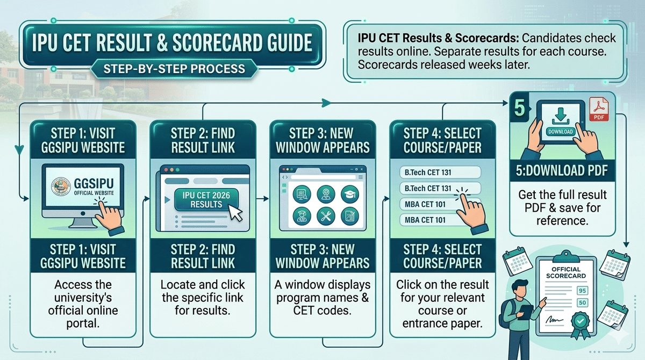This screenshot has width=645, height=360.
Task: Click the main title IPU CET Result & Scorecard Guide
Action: [x=173, y=44]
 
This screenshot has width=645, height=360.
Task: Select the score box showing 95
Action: [x=582, y=291]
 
